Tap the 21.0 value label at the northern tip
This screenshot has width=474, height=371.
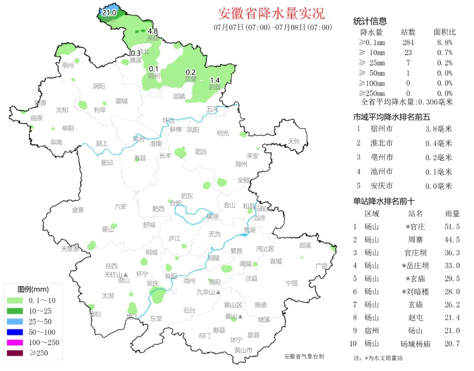coord(108,13)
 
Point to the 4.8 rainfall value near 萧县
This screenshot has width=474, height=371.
coord(152,31)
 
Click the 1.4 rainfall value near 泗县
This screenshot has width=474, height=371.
coord(215,80)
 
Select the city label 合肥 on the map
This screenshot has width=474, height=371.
coord(176,203)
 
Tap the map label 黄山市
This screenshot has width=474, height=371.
coord(243,350)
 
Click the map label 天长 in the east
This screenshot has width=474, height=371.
coord(294,141)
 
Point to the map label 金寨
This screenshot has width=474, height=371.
coord(78,210)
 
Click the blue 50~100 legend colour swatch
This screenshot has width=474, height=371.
coord(15,332)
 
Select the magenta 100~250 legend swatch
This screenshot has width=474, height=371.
coord(15,343)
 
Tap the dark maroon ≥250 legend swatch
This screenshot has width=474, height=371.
coord(15,353)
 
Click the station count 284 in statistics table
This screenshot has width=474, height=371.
coord(408,42)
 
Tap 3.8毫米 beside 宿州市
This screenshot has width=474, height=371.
coord(438,129)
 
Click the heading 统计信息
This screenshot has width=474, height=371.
coord(370,21)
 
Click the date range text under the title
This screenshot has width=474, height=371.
coord(273,28)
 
